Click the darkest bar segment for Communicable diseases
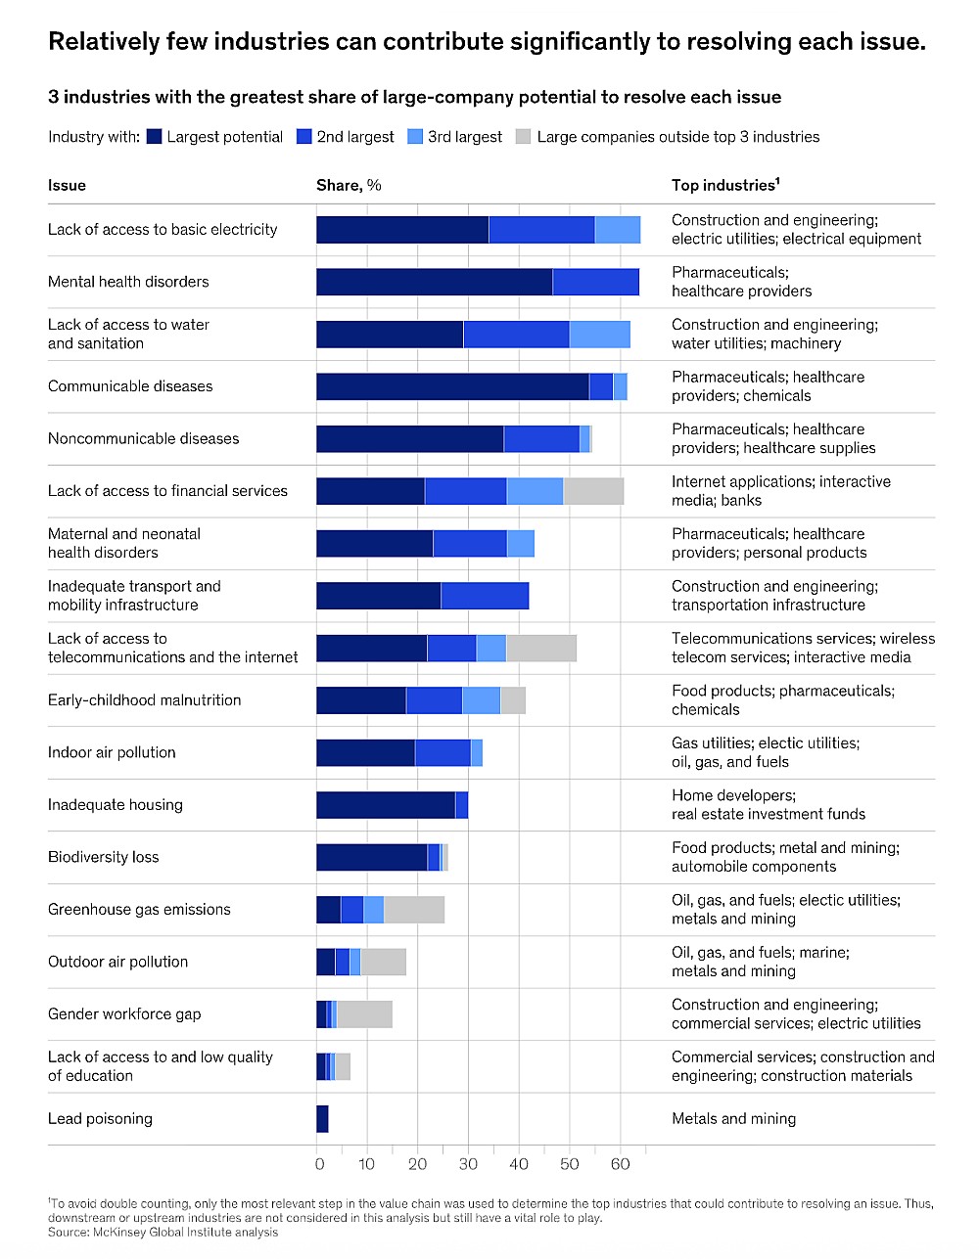point(452,386)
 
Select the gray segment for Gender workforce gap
point(364,1014)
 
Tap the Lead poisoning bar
point(322,1119)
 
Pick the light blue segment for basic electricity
point(618,230)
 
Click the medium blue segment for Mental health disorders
point(595,282)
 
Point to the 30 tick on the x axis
point(468,1164)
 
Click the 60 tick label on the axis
point(620,1164)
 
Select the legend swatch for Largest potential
point(154,137)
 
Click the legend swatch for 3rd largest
point(415,137)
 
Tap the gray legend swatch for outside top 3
point(523,137)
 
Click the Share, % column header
point(349,186)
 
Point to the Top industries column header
point(724,186)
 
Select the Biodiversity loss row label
point(103,857)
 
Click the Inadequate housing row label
point(115,805)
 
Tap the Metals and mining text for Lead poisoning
point(733,1119)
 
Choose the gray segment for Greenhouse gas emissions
point(414,910)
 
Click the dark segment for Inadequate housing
point(386,805)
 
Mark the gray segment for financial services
point(593,491)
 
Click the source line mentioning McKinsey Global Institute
point(163,1233)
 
